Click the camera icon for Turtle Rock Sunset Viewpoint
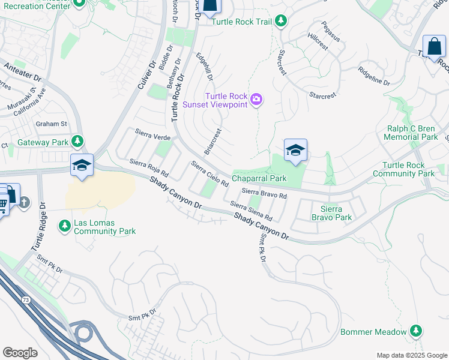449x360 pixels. coord(256,99)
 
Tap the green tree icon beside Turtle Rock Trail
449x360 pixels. coord(280,22)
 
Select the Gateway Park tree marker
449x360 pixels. coord(77,142)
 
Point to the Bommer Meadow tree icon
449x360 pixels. coord(415,331)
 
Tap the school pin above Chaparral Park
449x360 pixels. coord(295,151)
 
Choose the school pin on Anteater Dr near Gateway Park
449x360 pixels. coord(82,165)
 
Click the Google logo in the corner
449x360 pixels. coord(20,353)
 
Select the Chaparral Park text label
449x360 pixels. coord(259,178)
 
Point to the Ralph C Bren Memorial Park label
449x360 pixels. coord(412,133)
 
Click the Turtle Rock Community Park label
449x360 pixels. coord(407,169)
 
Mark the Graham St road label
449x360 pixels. coord(51,124)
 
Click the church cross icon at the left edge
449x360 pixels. coord(24,202)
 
